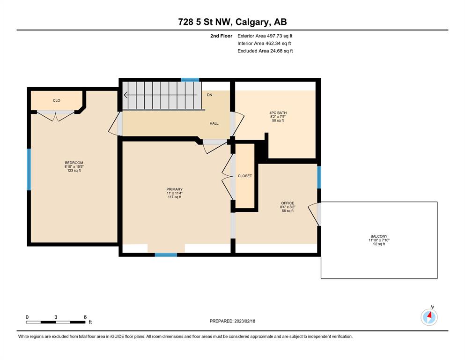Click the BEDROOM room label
click(74, 163)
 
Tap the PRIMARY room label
click(174, 189)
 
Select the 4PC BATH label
click(278, 113)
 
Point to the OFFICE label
click(288, 203)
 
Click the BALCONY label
click(379, 236)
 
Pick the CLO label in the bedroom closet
click(57, 101)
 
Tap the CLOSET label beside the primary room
click(245, 176)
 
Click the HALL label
click(214, 123)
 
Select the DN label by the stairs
click(210, 95)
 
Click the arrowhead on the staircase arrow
click(125, 95)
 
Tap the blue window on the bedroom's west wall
click(29, 170)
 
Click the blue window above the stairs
click(190, 80)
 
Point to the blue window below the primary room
click(166, 255)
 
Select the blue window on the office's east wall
click(319, 177)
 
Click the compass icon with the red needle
click(429, 317)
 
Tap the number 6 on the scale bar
click(85, 317)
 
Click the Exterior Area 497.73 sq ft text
click(265, 36)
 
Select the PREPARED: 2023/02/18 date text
click(232, 321)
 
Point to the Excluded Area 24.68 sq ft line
click(265, 51)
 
